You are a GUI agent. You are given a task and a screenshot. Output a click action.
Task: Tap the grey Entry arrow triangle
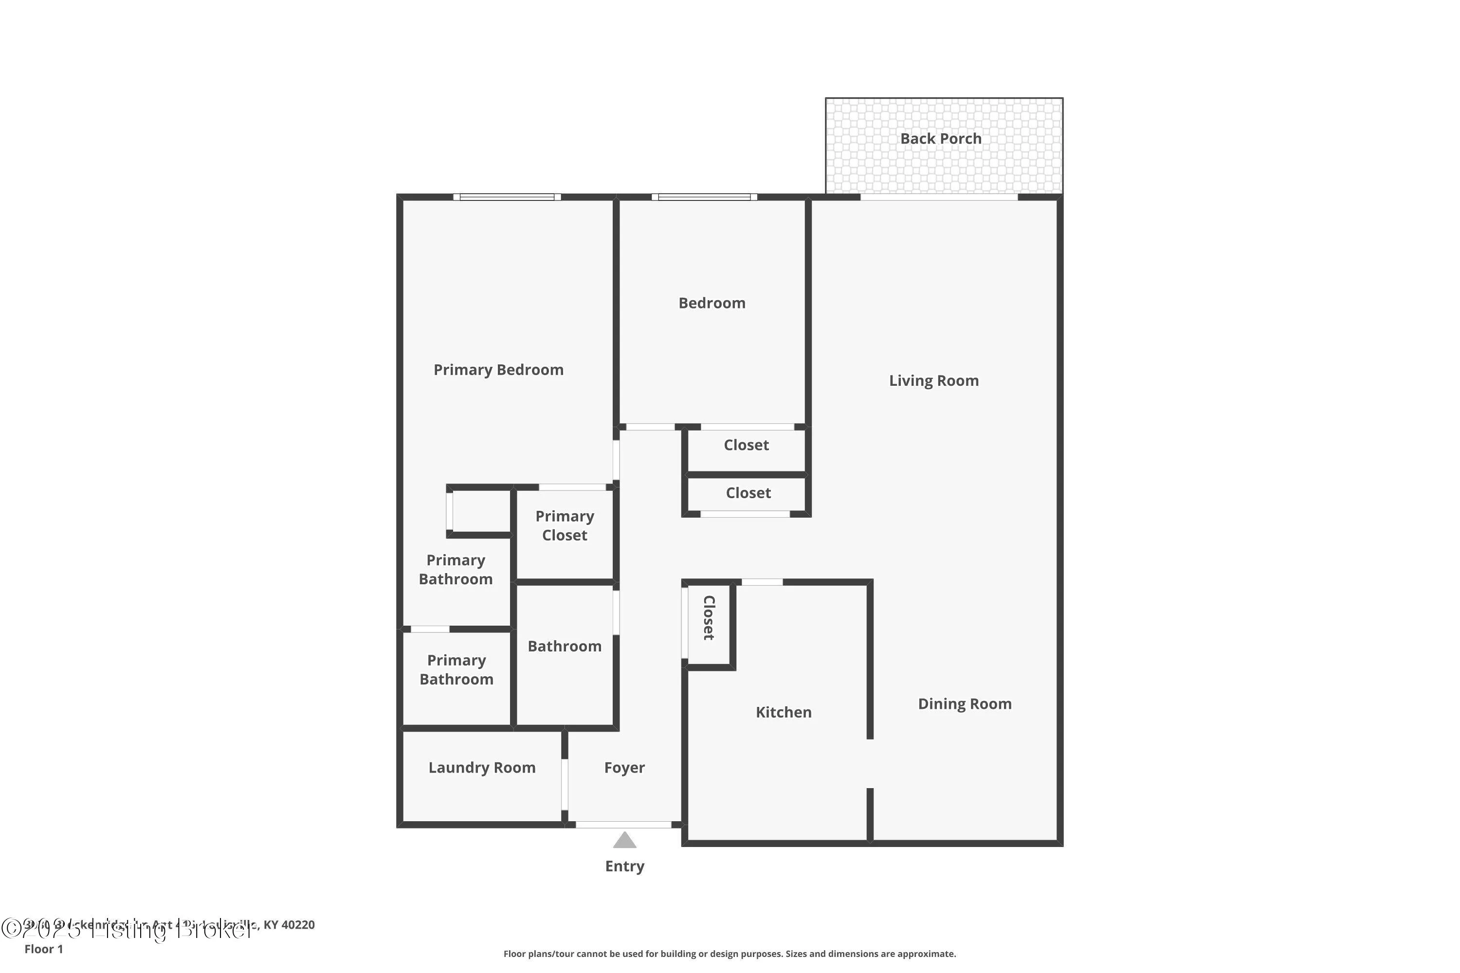624,840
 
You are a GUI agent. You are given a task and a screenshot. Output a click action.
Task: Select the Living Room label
933,380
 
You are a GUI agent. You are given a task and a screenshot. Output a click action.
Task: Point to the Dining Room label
964,703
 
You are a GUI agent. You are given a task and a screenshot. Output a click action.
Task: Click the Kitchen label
784,712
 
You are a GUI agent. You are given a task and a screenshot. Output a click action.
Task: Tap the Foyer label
624,768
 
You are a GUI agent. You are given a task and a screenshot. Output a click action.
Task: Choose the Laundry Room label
482,768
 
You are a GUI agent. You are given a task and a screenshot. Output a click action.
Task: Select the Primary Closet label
564,525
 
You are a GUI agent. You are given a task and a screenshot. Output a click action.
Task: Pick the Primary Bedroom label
498,370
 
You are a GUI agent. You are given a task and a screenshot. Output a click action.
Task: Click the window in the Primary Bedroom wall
507,198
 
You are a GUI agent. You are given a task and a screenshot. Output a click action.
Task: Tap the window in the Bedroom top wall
704,198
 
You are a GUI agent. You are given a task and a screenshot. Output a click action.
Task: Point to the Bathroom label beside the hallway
564,646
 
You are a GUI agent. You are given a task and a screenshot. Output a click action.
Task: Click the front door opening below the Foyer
623,825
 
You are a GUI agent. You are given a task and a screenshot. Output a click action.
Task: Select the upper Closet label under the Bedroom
746,445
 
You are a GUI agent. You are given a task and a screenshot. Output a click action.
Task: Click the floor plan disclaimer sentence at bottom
730,954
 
